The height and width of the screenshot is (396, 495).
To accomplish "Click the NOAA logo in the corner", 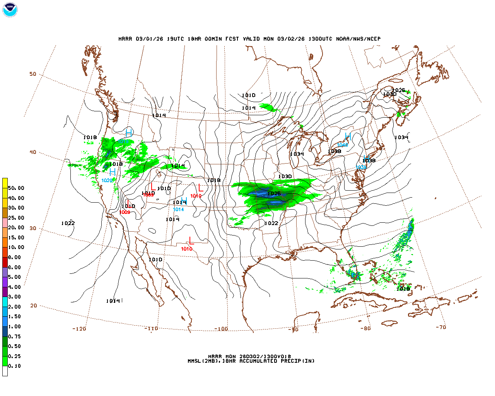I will pyautogui.click(x=10, y=10).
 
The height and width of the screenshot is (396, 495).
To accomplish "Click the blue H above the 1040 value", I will pyautogui.click(x=348, y=137).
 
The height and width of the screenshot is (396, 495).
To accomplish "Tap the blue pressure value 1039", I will pyautogui.click(x=361, y=167).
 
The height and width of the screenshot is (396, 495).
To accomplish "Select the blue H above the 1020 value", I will pyautogui.click(x=113, y=172).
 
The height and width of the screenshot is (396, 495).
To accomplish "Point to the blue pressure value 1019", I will pyautogui.click(x=123, y=142).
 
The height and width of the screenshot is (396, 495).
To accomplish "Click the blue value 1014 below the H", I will pyautogui.click(x=178, y=210).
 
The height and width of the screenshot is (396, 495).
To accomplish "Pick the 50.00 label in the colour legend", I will pyautogui.click(x=16, y=188).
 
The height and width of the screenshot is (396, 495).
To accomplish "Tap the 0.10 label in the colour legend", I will pyautogui.click(x=15, y=366).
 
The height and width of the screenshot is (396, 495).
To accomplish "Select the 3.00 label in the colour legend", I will pyautogui.click(x=15, y=297).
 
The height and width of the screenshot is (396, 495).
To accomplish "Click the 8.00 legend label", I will pyautogui.click(x=15, y=257).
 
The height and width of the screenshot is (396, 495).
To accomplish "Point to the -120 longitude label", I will pyautogui.click(x=79, y=329).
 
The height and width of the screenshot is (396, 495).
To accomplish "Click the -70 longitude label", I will pyautogui.click(x=441, y=327).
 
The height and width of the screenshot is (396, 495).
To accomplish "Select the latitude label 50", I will pyautogui.click(x=33, y=74).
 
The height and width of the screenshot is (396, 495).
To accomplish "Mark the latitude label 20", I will pyautogui.click(x=34, y=306).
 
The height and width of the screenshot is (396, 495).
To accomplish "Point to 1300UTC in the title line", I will pyautogui.click(x=320, y=39).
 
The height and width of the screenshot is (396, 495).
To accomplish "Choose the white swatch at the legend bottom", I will pyautogui.click(x=5, y=371).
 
